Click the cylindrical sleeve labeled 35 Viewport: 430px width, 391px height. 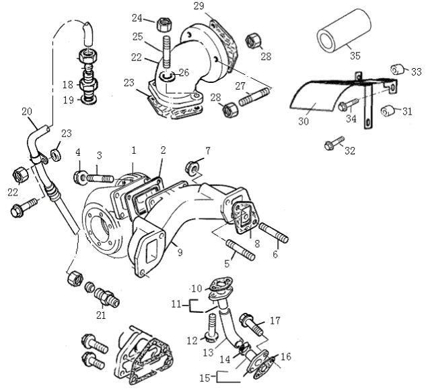(x=345, y=30)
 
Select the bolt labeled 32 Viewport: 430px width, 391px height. (x=332, y=144)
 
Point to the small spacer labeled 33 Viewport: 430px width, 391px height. (x=396, y=70)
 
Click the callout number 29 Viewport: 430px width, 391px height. (x=199, y=6)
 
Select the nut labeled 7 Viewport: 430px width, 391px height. (x=192, y=166)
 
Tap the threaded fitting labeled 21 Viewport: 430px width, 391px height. (x=108, y=295)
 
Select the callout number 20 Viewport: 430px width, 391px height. (x=27, y=111)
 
